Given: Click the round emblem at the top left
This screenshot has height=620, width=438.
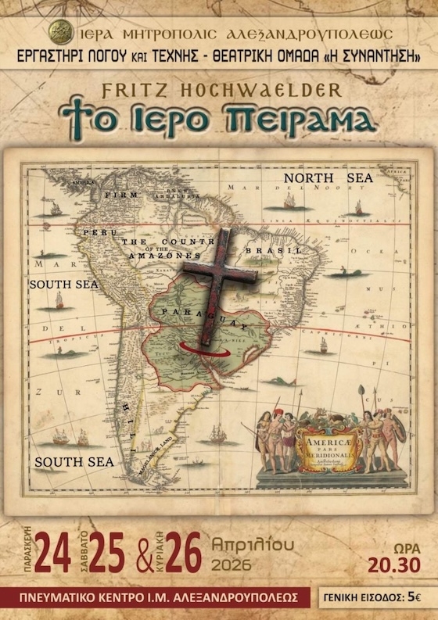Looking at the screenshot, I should (57, 32).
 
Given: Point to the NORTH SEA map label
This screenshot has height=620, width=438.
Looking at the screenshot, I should (328, 179).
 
